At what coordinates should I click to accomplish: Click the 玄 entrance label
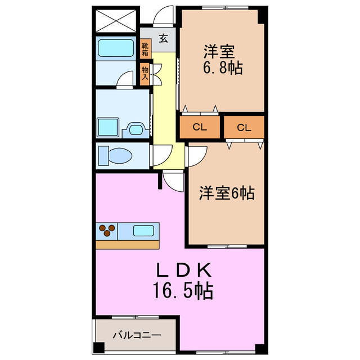click(163, 39)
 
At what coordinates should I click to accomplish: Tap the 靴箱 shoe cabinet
click(145, 49)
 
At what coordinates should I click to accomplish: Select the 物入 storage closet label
click(145, 73)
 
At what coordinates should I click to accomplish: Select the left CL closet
click(200, 127)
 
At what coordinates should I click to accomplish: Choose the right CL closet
click(244, 127)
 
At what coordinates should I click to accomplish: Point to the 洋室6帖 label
click(226, 193)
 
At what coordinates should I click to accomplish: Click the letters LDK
click(182, 271)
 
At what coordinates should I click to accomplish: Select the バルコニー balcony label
click(137, 335)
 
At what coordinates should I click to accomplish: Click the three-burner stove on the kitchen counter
click(108, 230)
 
